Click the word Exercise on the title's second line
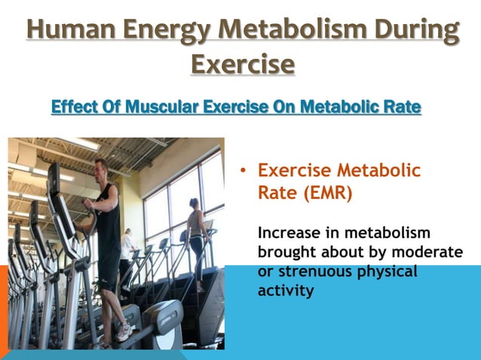pyautogui.click(x=241, y=63)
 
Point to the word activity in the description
pyautogui.click(x=284, y=289)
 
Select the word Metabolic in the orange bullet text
pyautogui.click(x=379, y=171)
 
